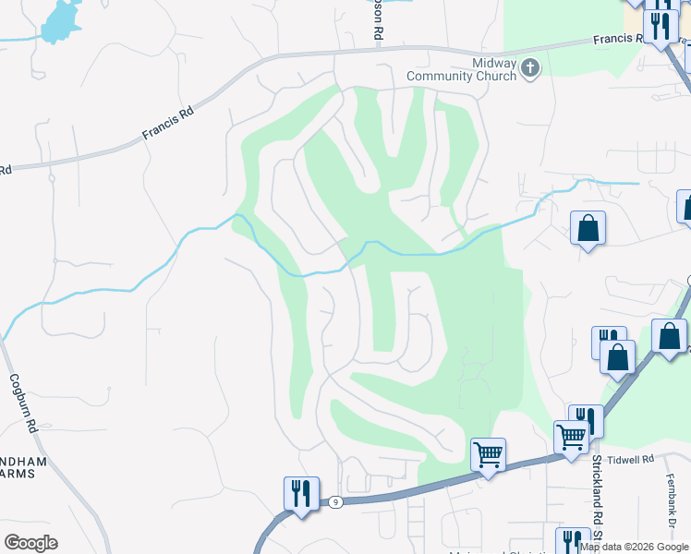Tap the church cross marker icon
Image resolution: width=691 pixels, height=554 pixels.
click(530, 68)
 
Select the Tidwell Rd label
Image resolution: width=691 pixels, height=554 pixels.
click(636, 459)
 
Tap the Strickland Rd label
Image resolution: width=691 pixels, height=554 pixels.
click(597, 499)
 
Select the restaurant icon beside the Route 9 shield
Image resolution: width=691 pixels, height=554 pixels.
click(301, 494)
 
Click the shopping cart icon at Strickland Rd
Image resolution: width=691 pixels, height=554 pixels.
click(571, 437)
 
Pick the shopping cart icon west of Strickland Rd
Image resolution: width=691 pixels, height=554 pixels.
click(488, 453)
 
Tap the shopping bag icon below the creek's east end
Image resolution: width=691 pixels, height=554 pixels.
click(588, 227)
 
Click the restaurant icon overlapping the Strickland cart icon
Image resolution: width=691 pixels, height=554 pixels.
click(586, 419)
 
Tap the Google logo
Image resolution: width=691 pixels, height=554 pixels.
click(30, 543)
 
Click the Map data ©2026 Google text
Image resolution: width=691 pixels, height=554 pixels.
click(634, 547)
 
